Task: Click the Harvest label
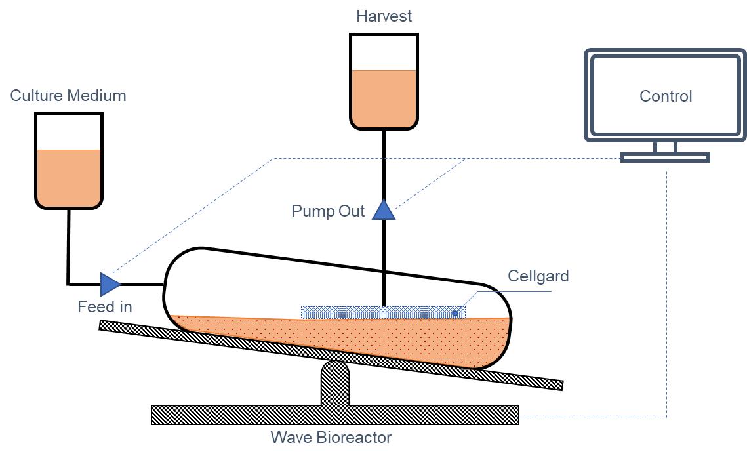(384, 16)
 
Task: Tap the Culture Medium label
(68, 96)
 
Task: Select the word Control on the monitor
(666, 96)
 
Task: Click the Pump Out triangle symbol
(384, 211)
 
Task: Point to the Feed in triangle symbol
(110, 284)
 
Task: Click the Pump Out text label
(328, 211)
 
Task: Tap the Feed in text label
(105, 306)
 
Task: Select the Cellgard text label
(538, 276)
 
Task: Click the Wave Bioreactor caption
(331, 438)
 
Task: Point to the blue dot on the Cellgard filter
(455, 313)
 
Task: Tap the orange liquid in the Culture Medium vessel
(68, 177)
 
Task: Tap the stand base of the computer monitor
(665, 157)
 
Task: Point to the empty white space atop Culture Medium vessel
(68, 131)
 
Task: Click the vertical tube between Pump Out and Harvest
(384, 164)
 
